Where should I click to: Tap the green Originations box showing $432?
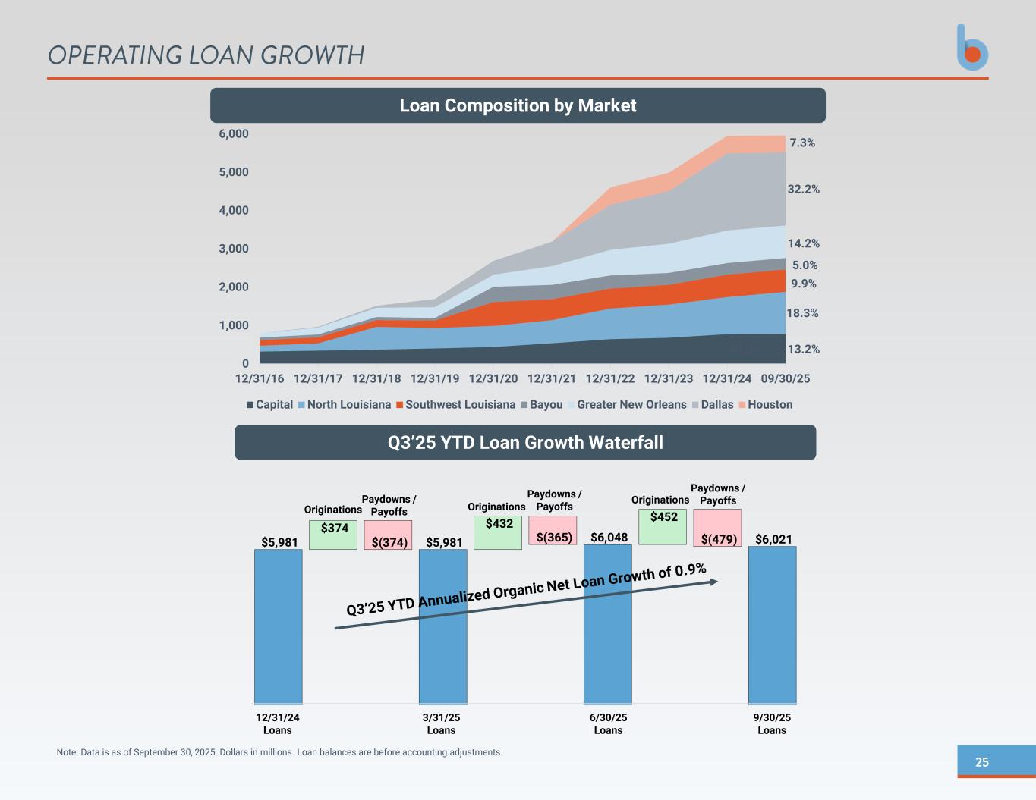[498, 532]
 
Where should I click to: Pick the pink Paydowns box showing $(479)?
[717, 528]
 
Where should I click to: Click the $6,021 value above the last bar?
[773, 539]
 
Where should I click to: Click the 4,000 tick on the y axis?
[234, 210]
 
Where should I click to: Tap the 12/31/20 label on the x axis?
[493, 378]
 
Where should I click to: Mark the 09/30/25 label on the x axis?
[786, 378]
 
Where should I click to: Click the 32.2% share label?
[803, 189]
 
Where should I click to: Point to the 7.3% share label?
[802, 143]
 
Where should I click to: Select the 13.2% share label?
[803, 350]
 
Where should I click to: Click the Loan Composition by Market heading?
[518, 105]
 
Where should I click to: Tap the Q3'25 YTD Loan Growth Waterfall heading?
[525, 442]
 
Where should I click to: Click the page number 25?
[982, 762]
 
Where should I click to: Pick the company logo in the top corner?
[972, 48]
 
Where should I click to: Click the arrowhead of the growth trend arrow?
[713, 582]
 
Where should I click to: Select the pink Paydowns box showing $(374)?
[389, 535]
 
